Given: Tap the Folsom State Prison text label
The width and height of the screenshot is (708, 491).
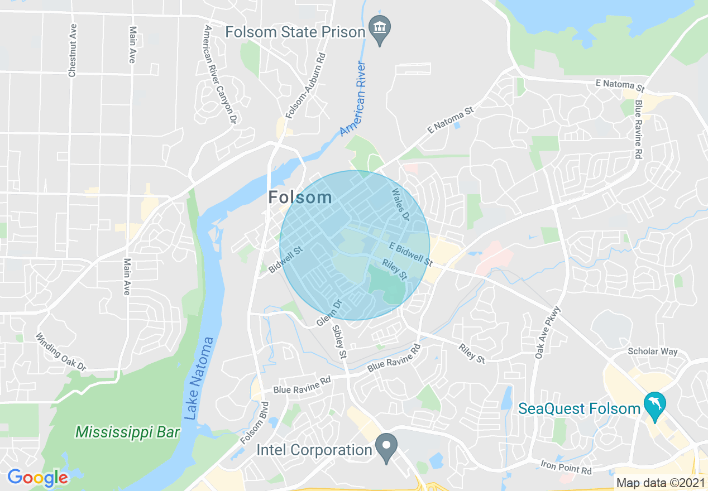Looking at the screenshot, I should coord(295,32).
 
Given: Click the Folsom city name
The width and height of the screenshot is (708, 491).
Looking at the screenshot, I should coord(300,197).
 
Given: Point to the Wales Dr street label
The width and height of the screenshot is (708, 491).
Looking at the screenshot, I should coord(400,205).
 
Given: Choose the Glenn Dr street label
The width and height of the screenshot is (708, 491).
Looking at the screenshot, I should coord(328,314).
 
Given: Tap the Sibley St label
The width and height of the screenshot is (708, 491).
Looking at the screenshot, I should coord(339,341).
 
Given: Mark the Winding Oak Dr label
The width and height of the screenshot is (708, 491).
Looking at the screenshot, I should coord(60,353).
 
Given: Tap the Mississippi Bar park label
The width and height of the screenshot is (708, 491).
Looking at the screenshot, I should coord(128,432).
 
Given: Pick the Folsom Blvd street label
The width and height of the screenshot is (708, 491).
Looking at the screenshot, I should coord(255,423).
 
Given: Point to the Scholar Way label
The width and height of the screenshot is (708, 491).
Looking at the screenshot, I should coord(652,352).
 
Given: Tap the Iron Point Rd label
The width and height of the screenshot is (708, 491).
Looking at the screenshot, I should coord(566,467).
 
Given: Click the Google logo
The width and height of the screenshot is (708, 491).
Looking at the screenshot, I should coord(37,478).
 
